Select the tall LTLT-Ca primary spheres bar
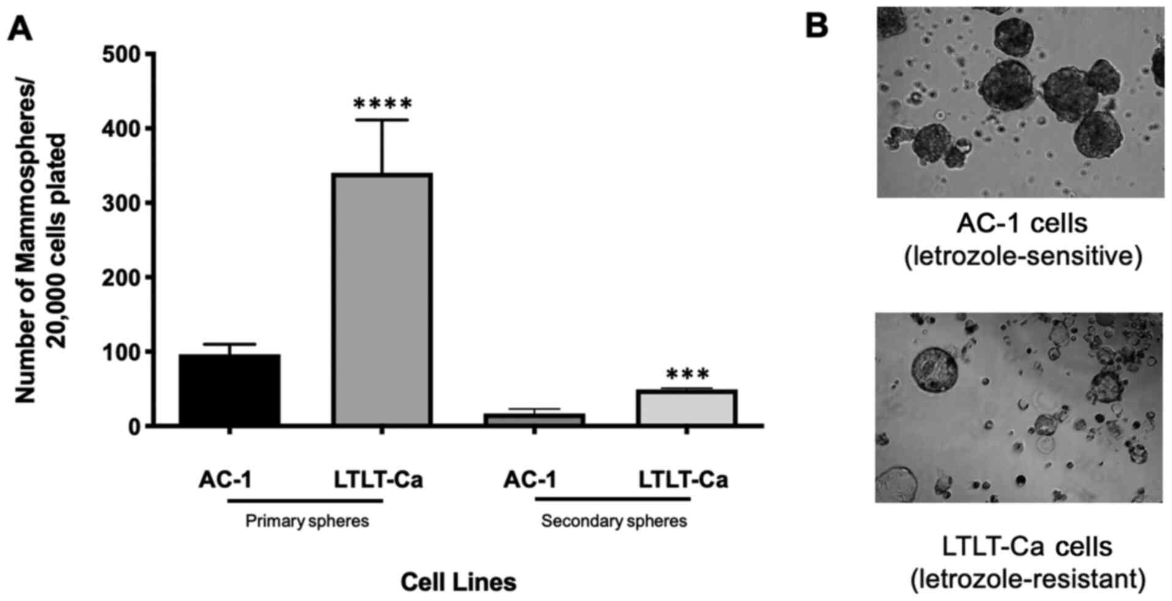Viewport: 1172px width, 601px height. (x=382, y=300)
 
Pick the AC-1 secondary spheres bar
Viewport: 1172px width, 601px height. (x=534, y=420)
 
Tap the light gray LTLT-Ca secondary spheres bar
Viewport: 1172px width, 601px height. (x=686, y=408)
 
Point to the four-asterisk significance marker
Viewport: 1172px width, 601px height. (x=383, y=104)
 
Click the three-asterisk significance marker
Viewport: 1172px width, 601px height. (x=687, y=374)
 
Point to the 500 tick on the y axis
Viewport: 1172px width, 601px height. (x=129, y=55)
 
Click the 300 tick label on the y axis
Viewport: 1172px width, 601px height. (x=129, y=203)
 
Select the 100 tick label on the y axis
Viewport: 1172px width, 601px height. (x=129, y=352)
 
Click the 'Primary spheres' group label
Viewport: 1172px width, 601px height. (x=307, y=521)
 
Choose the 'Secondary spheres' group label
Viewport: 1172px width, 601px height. (x=614, y=521)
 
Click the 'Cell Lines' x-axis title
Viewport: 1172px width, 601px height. (x=458, y=582)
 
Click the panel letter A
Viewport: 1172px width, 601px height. (x=20, y=28)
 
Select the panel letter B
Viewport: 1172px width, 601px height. (x=816, y=26)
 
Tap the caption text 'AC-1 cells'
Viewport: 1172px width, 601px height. (x=1022, y=224)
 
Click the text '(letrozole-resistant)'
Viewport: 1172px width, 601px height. (x=1027, y=579)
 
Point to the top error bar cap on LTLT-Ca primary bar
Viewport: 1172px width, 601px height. (x=382, y=120)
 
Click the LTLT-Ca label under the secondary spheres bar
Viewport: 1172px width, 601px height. (x=684, y=480)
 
